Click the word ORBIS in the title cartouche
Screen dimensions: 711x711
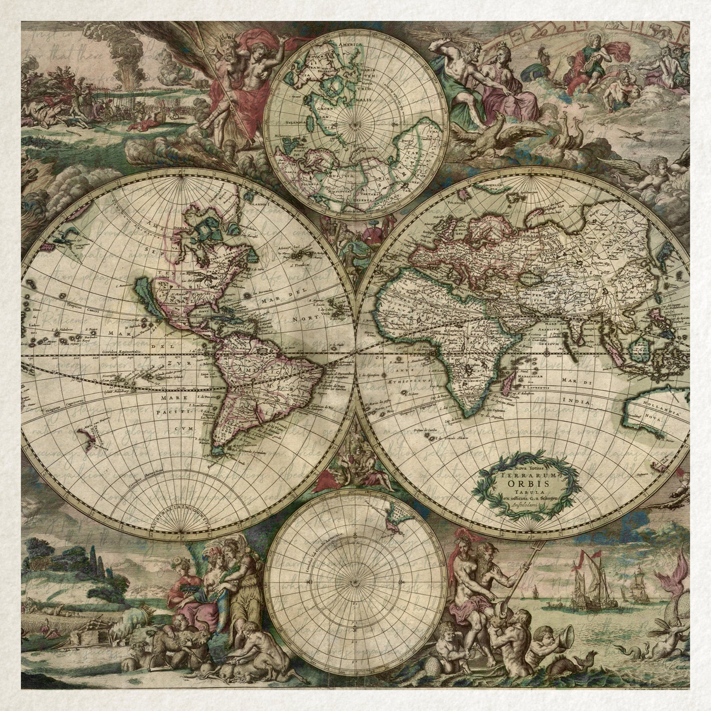(x=524, y=483)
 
